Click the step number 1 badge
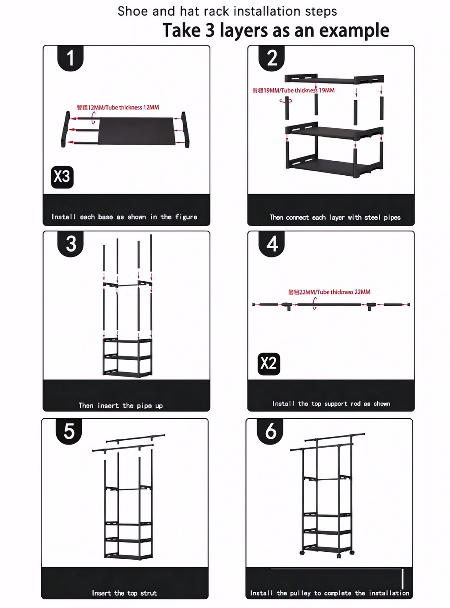pos(70,58)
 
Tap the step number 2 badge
pos(272,58)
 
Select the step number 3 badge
pos(71,244)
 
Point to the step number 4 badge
pos(272,244)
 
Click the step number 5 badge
pos(69,431)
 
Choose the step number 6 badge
pos(271,431)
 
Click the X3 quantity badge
pos(62,177)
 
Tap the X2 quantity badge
pos(269,364)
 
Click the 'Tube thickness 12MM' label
pos(118,108)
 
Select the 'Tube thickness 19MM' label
pos(293,90)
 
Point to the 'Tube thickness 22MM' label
pos(329,292)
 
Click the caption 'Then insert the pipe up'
pos(120,405)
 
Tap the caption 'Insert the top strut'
pos(124,593)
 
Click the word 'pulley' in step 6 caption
pos(300,593)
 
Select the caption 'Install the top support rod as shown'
pos(331,404)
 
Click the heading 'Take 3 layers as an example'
pos(276,31)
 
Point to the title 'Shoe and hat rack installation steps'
pos(227,11)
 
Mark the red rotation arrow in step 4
pos(314,304)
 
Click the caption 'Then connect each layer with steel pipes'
pos(335,217)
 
